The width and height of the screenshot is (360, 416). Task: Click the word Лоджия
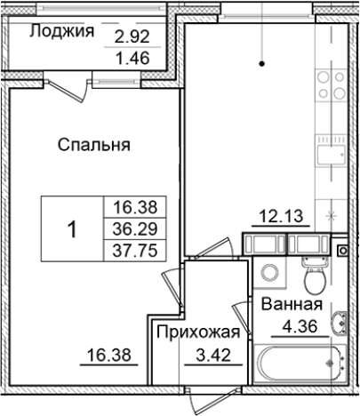(x=62, y=32)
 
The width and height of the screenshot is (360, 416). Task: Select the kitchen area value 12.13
(x=278, y=215)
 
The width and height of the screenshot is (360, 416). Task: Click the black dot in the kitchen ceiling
(x=262, y=63)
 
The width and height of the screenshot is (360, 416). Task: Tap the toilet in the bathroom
(x=311, y=276)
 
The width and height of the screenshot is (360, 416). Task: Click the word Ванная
(x=290, y=306)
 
